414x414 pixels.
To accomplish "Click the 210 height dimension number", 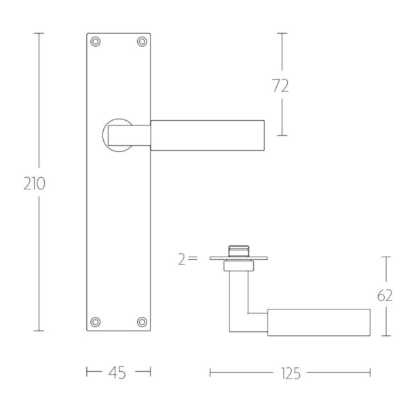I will click(x=33, y=183).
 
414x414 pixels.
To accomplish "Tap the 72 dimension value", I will click(x=280, y=86).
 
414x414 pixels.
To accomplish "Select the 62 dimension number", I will click(x=384, y=295).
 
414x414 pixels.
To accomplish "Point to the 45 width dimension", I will click(x=119, y=372).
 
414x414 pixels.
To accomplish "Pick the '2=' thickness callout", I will click(x=187, y=259).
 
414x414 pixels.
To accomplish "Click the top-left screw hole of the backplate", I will click(x=96, y=42).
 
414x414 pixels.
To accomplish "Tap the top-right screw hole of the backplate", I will click(x=142, y=42).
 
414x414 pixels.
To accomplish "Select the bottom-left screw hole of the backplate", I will click(x=96, y=321).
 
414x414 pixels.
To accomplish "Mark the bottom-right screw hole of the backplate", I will click(x=142, y=321).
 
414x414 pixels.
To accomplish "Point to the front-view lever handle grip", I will click(x=207, y=134).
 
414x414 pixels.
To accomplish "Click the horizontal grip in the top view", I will click(x=319, y=322).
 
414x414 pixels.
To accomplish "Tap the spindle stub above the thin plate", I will click(x=239, y=250).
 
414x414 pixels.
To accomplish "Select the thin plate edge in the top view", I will click(x=239, y=258).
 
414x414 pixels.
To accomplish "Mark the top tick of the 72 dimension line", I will click(x=282, y=33).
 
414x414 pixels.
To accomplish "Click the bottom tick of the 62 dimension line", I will click(x=385, y=336).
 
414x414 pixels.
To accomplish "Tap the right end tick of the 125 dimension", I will click(x=370, y=372).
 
